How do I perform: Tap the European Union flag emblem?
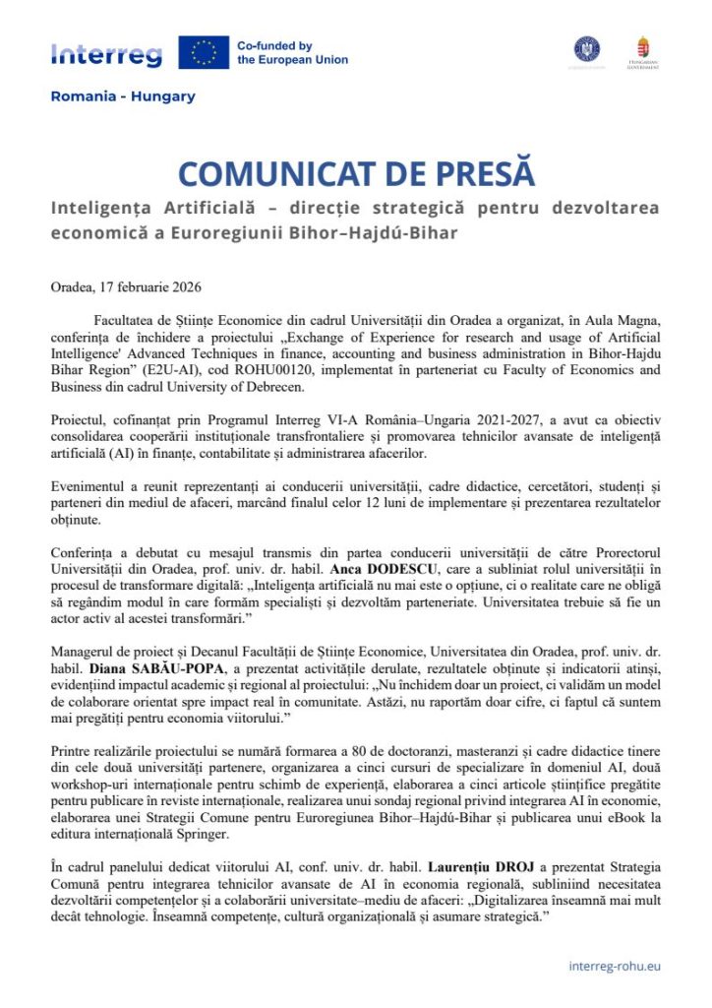[204, 52]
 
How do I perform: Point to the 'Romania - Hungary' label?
[123, 96]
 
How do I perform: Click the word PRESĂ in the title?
[476, 174]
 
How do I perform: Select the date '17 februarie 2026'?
[157, 287]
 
